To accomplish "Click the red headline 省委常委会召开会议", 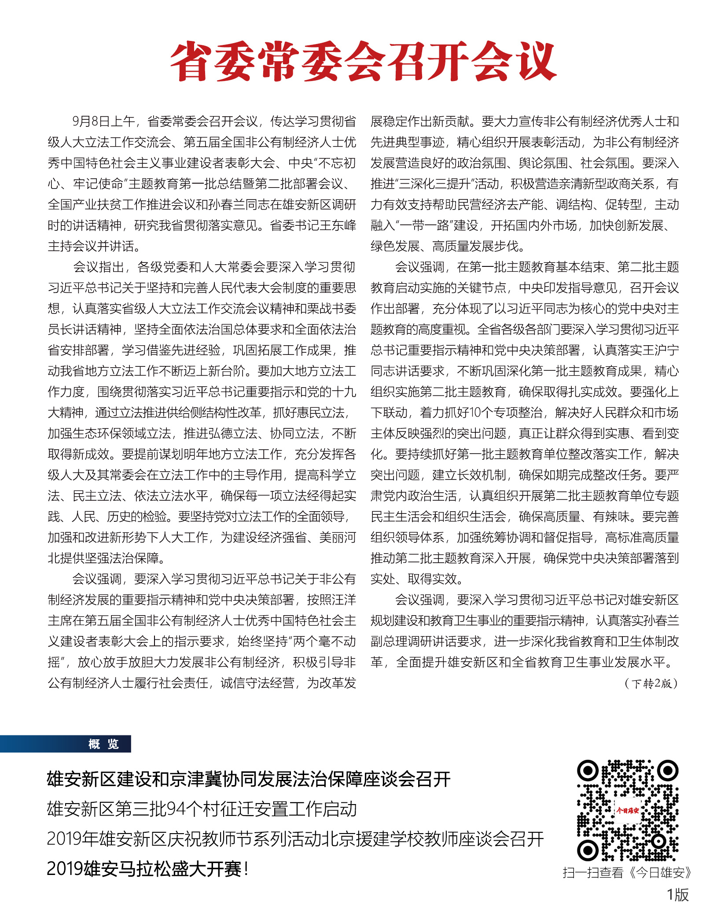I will coord(364,62).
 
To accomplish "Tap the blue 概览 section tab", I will coord(103,744).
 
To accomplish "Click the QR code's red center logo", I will coord(627,810).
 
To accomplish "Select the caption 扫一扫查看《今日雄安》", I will coord(627,872).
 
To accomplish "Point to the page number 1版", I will coord(677,894).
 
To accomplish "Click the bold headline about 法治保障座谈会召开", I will coord(249,779).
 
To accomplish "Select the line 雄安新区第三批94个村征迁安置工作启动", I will coord(202,809).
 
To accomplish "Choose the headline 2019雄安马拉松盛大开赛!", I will coord(148,869).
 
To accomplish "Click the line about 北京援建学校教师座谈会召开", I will coord(295,839).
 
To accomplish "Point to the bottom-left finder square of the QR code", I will coord(588,850).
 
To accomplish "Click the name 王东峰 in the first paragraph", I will coord(338,225).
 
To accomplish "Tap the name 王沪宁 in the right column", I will coord(660,351).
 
